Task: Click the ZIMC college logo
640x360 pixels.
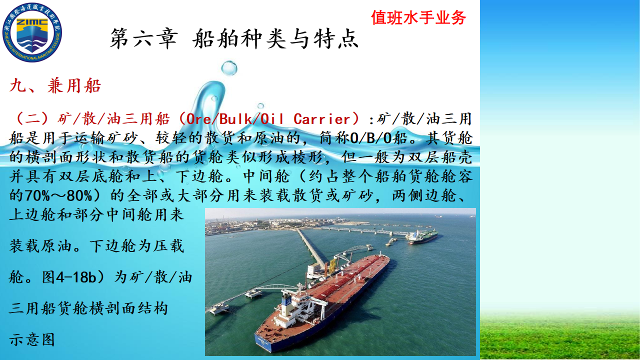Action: [32, 32]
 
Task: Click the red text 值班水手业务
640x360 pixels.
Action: [418, 17]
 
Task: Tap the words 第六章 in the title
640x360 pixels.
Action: [144, 39]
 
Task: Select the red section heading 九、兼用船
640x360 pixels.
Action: [55, 85]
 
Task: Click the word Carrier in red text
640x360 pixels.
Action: [322, 119]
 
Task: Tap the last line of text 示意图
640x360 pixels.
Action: [31, 339]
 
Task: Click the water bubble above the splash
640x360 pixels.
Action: [229, 68]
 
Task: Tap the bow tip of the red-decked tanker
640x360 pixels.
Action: [388, 257]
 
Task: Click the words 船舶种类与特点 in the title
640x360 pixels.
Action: [275, 39]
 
